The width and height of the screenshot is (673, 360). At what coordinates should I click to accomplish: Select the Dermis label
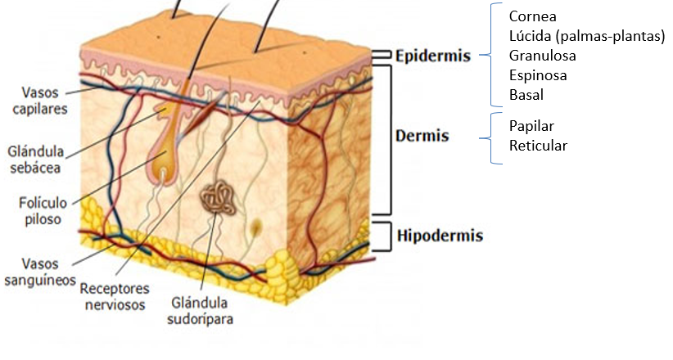(422, 135)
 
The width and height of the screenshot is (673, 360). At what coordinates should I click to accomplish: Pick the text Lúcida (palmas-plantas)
(586, 36)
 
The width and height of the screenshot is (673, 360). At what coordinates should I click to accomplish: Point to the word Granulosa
(542, 56)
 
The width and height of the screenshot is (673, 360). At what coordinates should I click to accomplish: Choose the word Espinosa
(538, 75)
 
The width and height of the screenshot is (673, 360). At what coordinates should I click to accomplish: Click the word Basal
(526, 95)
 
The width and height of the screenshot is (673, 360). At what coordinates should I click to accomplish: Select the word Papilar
(531, 127)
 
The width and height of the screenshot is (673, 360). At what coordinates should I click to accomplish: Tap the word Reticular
(538, 146)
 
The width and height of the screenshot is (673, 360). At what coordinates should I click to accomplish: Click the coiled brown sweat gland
(217, 198)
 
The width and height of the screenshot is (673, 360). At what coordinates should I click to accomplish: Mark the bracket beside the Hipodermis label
(382, 236)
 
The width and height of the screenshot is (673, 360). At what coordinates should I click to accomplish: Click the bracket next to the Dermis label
(391, 139)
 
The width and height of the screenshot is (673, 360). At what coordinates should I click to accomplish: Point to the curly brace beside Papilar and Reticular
(495, 137)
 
